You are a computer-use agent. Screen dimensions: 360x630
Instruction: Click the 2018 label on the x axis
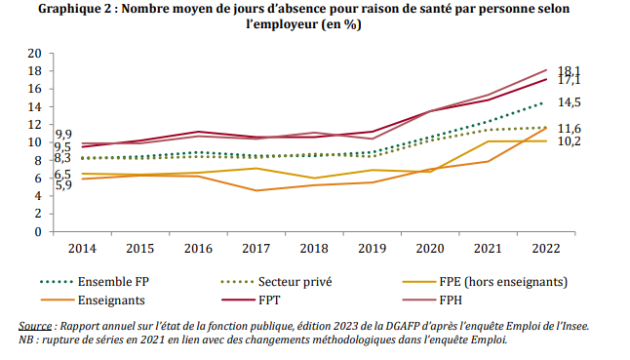tap(313, 247)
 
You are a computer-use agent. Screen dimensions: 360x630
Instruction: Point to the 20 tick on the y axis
tap(35, 54)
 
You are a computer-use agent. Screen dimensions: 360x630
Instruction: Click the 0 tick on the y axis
tap(39, 232)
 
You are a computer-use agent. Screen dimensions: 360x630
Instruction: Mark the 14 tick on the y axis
tap(35, 107)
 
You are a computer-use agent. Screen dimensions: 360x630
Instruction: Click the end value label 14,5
tap(570, 102)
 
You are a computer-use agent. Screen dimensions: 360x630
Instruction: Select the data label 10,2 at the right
tap(570, 141)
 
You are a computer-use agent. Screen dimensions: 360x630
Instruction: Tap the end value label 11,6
tap(570, 128)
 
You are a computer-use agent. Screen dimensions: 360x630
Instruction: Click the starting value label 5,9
tap(62, 184)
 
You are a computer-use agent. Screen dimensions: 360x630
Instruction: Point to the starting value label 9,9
tap(62, 134)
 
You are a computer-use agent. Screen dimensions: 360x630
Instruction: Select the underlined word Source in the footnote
tap(35, 325)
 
